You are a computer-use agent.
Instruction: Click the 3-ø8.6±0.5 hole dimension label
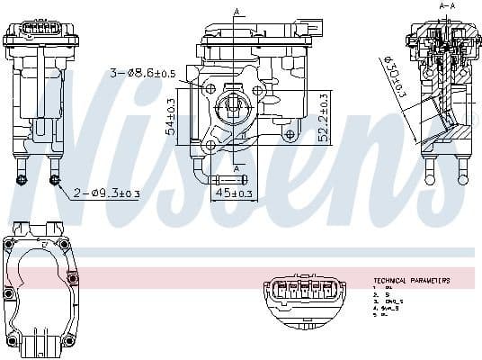click(x=141, y=72)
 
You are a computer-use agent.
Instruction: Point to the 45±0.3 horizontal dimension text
click(x=232, y=192)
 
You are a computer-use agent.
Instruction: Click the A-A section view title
click(x=447, y=6)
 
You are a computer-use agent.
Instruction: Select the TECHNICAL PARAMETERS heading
click(x=411, y=281)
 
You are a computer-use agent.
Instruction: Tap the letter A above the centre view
click(x=237, y=11)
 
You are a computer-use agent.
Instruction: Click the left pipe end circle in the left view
click(x=21, y=180)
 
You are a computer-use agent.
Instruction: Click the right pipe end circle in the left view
click(x=56, y=180)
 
